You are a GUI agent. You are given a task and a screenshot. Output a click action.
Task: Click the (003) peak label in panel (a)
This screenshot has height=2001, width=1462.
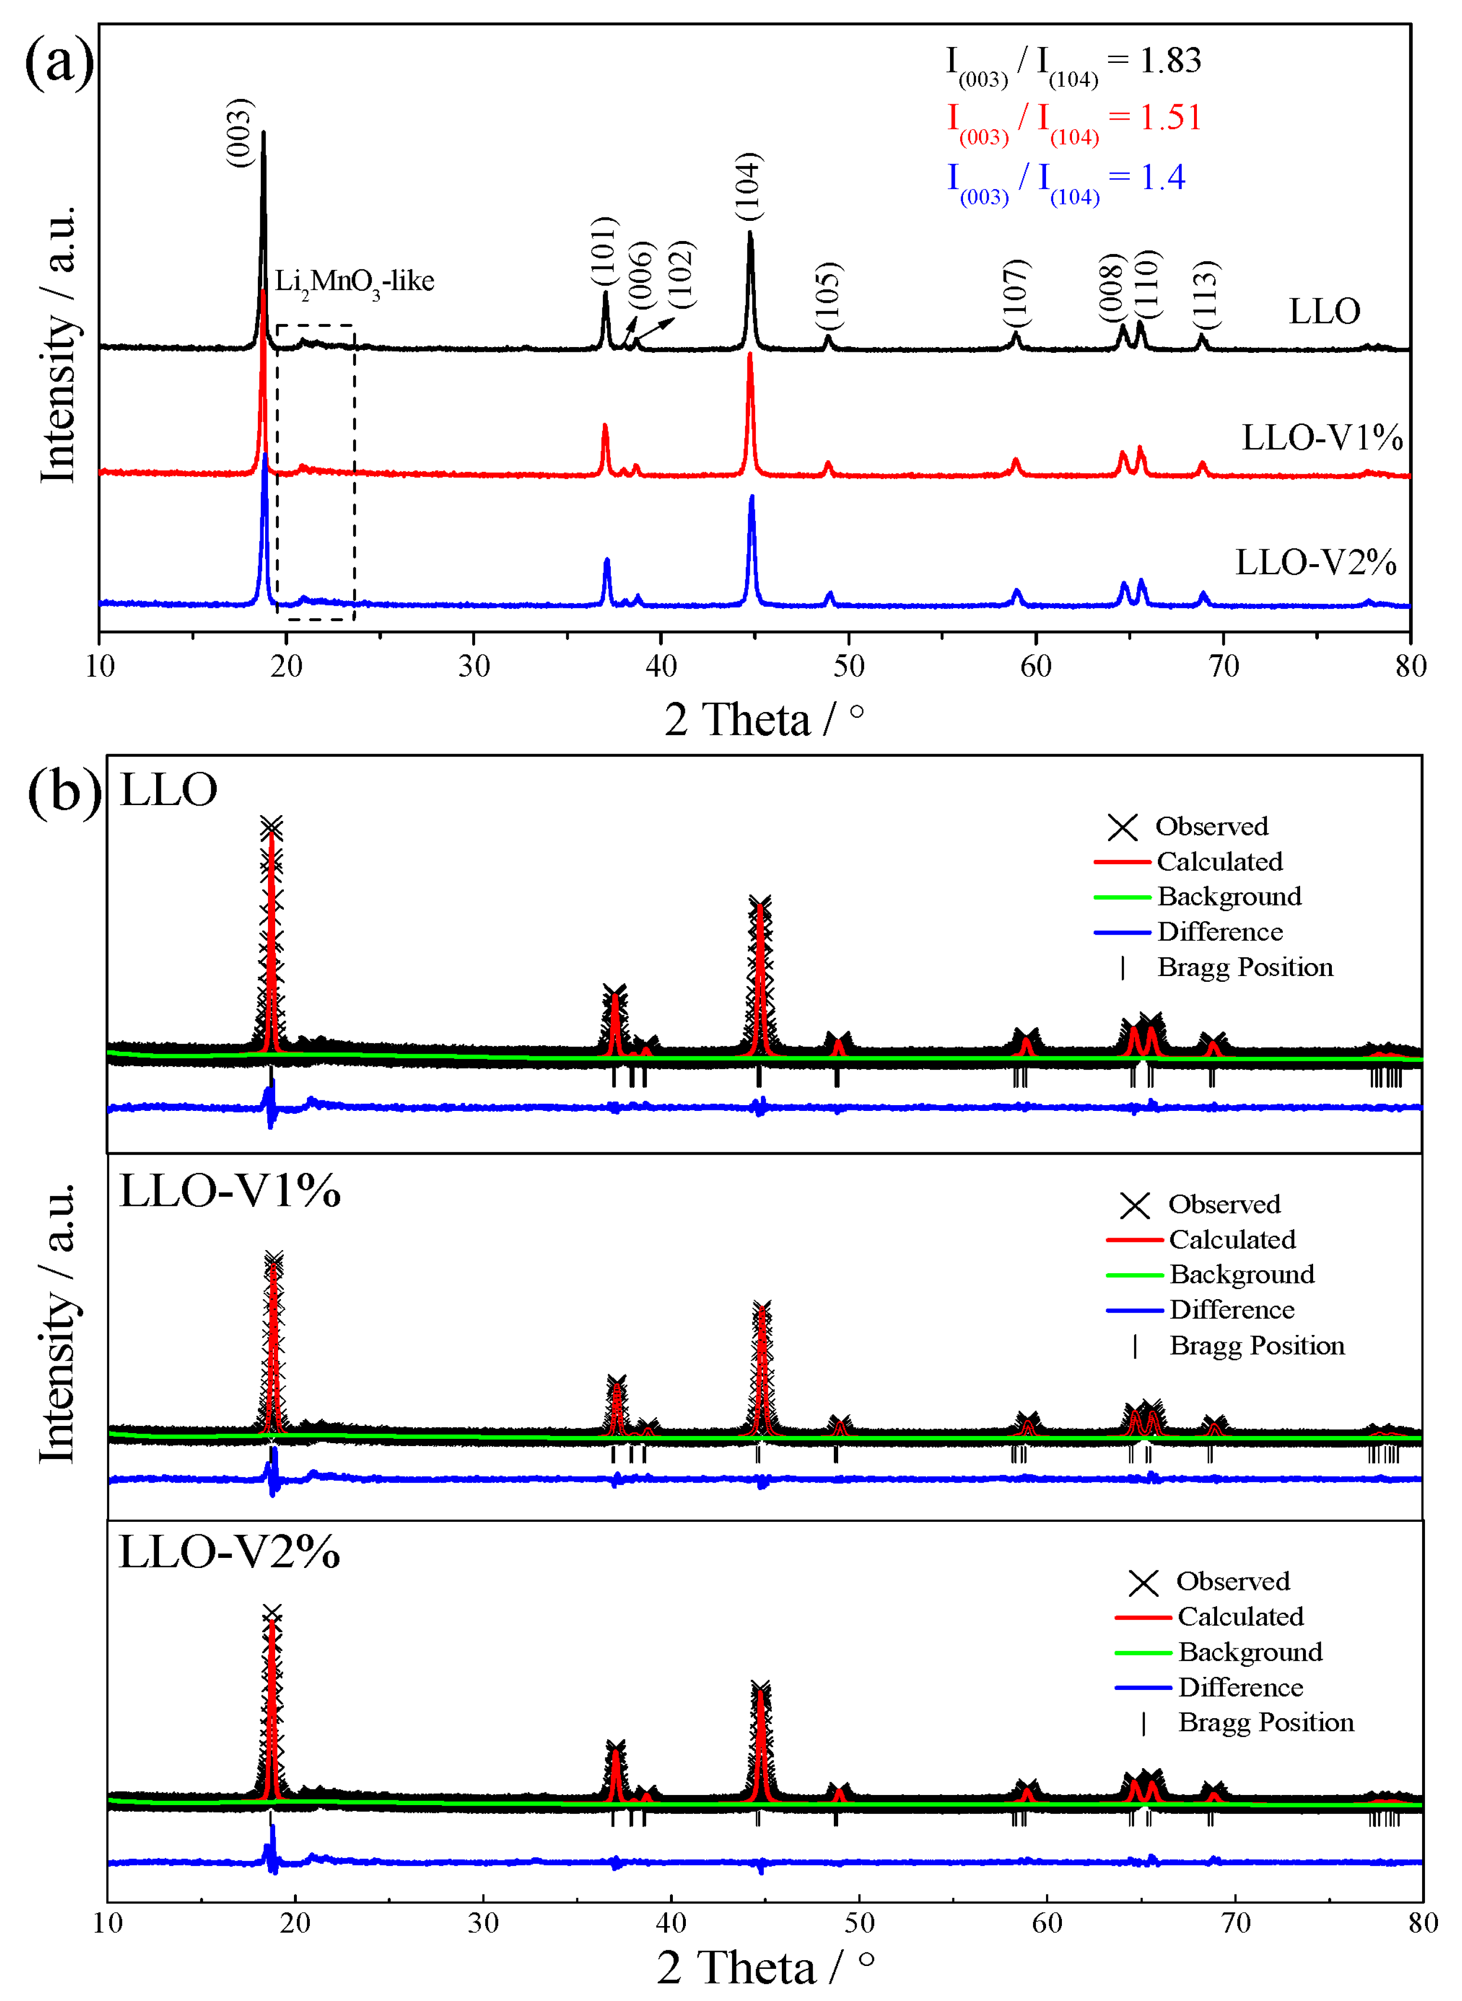coord(240,132)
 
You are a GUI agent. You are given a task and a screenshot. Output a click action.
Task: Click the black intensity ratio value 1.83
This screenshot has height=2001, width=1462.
coord(1170,60)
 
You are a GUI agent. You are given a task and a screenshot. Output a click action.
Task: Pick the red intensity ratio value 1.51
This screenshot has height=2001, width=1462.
coord(1170,118)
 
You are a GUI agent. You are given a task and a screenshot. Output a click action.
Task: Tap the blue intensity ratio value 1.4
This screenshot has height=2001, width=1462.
coord(1162,177)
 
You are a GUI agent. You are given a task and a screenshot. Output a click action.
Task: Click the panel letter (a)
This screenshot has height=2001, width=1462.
coord(59,62)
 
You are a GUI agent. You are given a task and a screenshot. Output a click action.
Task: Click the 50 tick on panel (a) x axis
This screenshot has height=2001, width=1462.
coord(848,666)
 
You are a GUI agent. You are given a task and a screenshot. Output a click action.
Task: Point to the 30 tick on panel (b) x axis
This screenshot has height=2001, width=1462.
coord(483,1921)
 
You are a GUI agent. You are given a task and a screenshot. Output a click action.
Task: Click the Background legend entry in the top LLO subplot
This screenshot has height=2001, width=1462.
coord(1229,896)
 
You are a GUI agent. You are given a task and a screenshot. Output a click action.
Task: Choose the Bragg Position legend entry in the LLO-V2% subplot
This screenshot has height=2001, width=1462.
coord(1266,1723)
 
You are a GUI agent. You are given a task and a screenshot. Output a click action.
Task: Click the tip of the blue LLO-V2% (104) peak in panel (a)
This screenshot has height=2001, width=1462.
coord(751,496)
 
